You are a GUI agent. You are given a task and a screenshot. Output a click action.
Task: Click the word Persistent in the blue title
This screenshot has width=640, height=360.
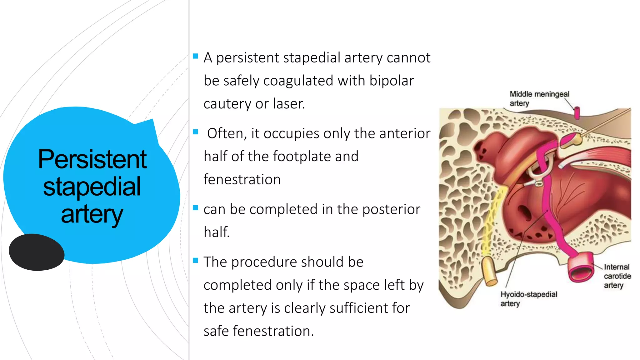click(x=92, y=159)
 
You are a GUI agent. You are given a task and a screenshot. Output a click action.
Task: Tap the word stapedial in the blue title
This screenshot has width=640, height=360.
click(x=92, y=187)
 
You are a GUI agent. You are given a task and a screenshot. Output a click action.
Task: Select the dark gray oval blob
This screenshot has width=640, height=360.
click(x=37, y=252)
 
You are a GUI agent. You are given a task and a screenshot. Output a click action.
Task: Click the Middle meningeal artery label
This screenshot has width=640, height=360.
click(x=539, y=98)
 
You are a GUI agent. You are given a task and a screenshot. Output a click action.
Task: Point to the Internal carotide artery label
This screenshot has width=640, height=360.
click(x=617, y=276)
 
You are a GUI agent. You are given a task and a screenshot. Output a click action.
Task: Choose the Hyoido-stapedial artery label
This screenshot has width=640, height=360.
click(x=528, y=298)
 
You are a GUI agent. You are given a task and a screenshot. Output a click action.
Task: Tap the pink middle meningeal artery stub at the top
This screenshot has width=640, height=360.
click(x=577, y=113)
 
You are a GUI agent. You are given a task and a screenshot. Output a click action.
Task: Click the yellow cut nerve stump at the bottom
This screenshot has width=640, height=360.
click(x=489, y=271)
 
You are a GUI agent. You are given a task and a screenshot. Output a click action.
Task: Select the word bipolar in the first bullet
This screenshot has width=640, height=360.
click(x=391, y=81)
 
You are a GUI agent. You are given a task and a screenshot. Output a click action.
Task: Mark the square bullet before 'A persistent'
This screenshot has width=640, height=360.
click(x=196, y=57)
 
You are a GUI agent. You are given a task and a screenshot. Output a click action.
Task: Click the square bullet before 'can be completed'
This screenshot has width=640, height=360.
click(x=196, y=208)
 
